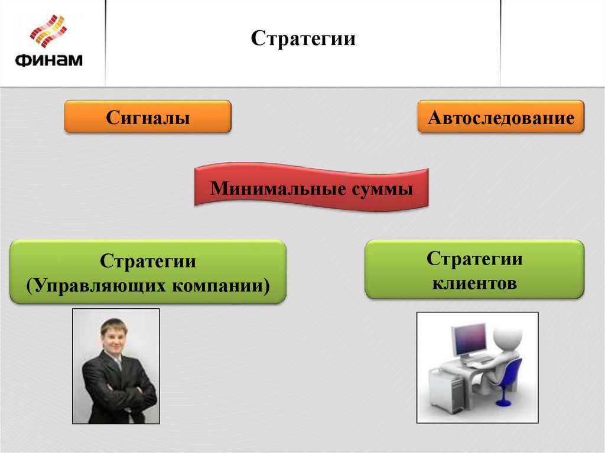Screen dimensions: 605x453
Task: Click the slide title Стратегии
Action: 302,40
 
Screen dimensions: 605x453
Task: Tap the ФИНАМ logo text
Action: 48,60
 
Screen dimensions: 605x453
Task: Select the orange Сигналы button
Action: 147,116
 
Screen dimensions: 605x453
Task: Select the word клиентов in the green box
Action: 474,283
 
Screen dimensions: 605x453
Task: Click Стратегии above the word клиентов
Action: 474,259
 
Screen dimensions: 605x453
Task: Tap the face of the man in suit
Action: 114,335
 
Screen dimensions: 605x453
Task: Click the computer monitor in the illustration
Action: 469,340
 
